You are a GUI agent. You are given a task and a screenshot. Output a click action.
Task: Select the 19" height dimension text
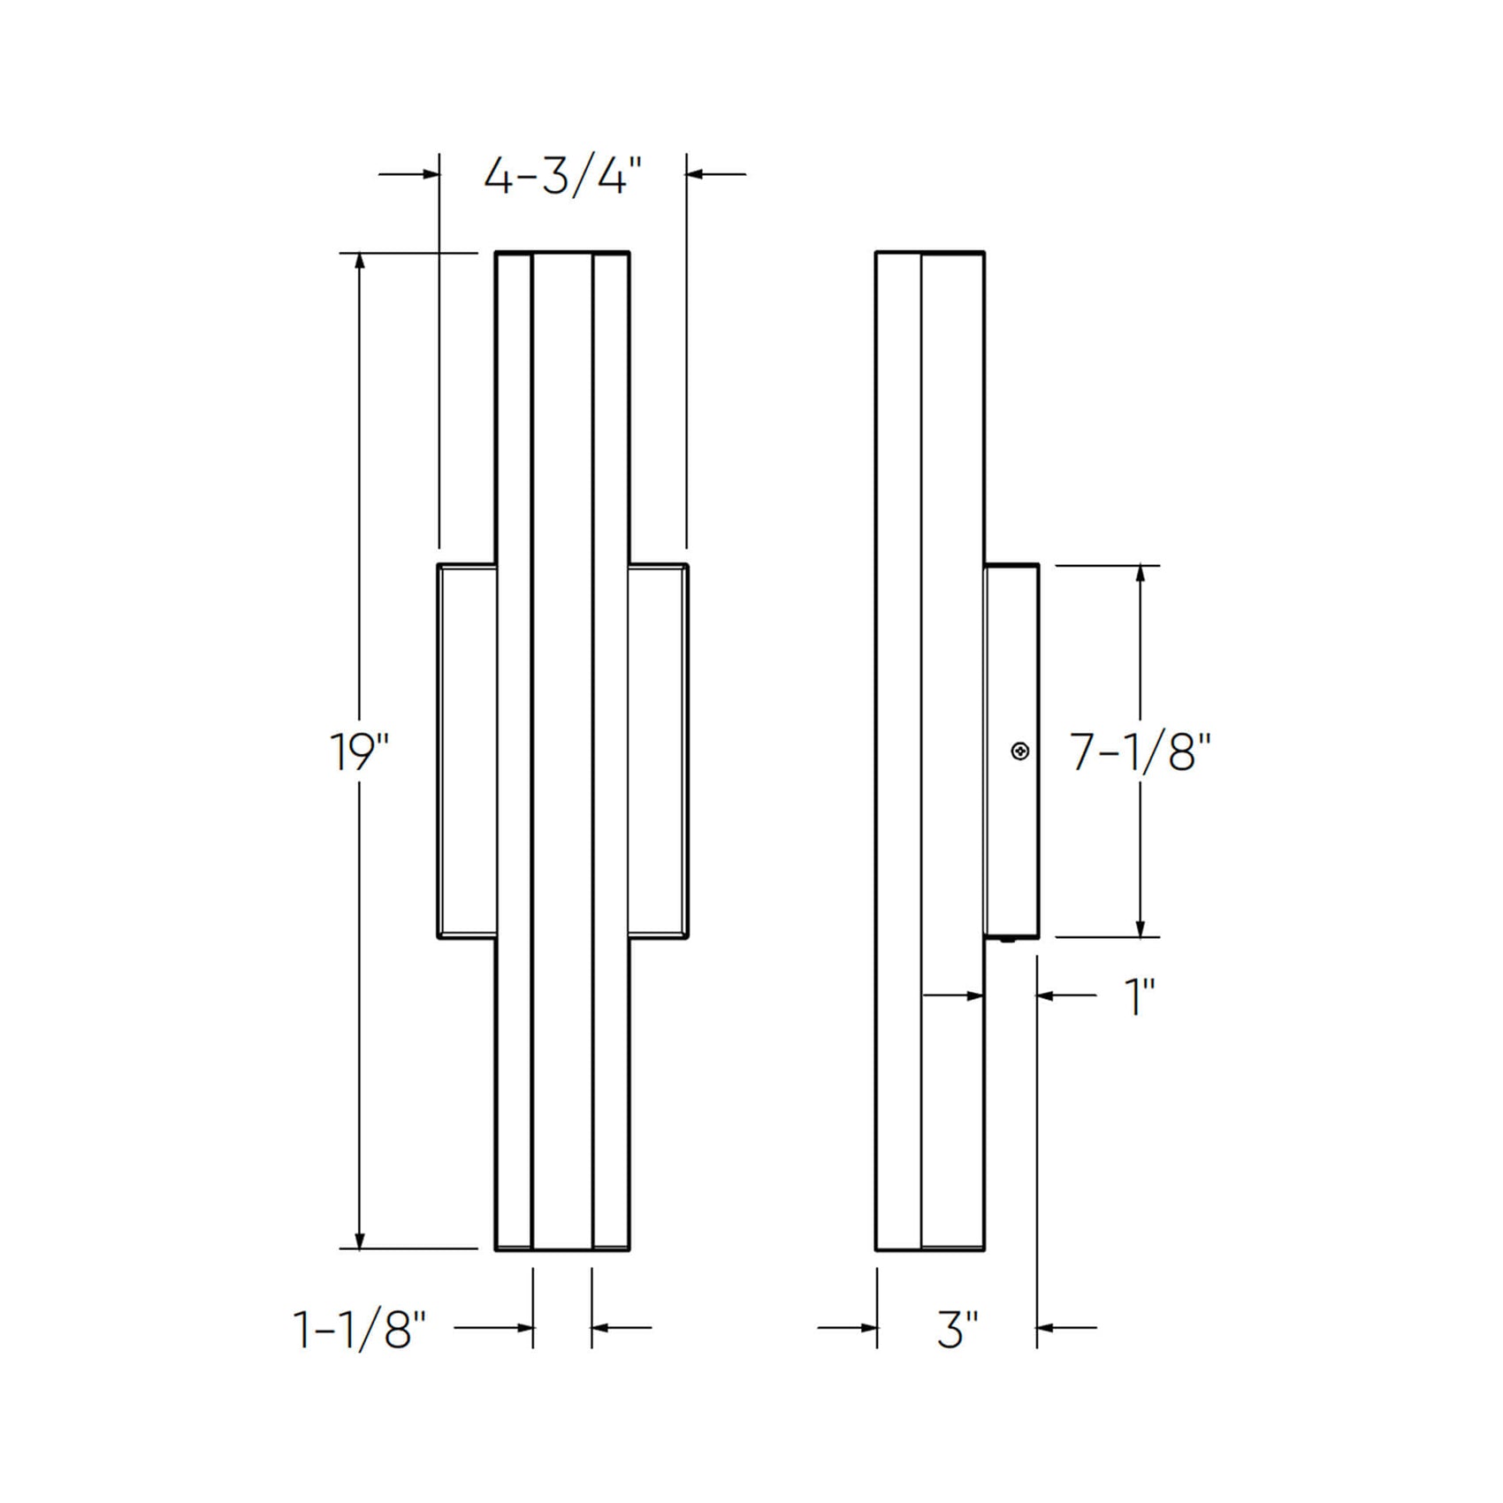point(358,752)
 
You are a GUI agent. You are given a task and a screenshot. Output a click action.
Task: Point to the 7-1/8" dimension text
point(1139,753)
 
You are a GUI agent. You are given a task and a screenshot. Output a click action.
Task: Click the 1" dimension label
point(1139,997)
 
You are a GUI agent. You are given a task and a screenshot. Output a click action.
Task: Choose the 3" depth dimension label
point(957,1329)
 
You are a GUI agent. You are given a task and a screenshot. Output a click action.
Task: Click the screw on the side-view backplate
point(1021,751)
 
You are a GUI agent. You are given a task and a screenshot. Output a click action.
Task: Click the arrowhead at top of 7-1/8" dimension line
point(1141,573)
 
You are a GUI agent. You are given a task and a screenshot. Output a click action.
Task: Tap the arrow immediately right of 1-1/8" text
point(522,1327)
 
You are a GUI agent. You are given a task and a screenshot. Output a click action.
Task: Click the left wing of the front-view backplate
point(467,751)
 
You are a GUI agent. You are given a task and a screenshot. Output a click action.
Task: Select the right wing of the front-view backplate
point(658,751)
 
